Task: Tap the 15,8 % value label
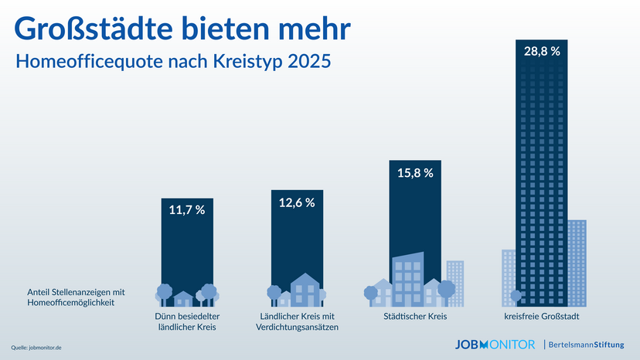(x=416, y=172)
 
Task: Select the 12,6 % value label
(x=297, y=202)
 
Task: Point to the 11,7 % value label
(x=186, y=210)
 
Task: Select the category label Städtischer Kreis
(x=415, y=317)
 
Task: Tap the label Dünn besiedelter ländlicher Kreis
(x=186, y=322)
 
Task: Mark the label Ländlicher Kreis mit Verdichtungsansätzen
(x=297, y=322)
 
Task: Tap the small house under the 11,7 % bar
(x=184, y=298)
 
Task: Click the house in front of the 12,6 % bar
(x=304, y=290)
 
